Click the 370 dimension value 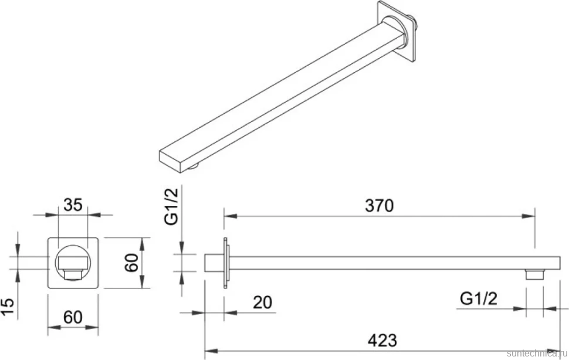coord(379,206)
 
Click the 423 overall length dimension coord(382,341)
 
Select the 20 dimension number coord(262,302)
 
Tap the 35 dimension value coord(73,205)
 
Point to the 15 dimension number coord(8,307)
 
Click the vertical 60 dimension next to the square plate coord(131,263)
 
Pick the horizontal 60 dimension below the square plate coord(73,317)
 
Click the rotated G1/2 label coord(172,206)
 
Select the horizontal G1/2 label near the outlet coord(479,299)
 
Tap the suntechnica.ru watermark coord(537,353)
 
